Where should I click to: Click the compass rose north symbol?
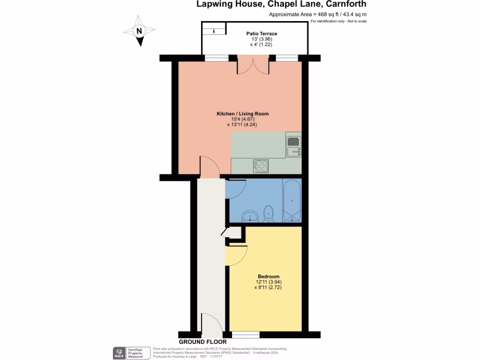tap(139, 31)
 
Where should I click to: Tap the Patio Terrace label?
tap(262, 34)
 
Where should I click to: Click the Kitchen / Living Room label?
tap(242, 114)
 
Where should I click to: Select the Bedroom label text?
tap(269, 277)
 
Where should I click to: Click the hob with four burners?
tap(261, 165)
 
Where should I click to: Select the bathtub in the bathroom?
tap(292, 201)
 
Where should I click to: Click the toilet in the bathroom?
tap(269, 213)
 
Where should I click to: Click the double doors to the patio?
tap(253, 66)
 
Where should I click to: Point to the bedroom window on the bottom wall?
tap(246, 334)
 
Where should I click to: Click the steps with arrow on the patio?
tap(214, 31)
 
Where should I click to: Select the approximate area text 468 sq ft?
tap(317, 15)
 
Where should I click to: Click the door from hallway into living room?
tap(210, 167)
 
